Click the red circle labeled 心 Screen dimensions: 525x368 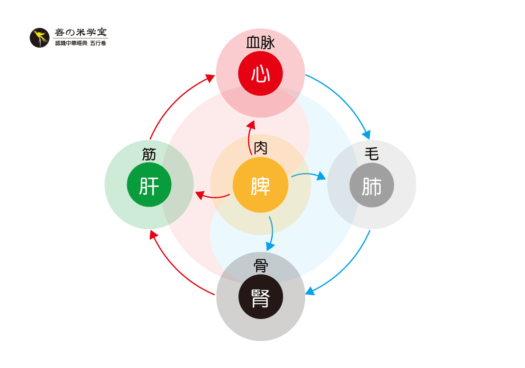[x=261, y=73]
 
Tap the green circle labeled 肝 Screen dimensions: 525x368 [x=149, y=184]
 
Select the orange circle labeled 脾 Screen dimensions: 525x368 [x=261, y=185]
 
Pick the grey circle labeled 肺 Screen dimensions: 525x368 [x=371, y=185]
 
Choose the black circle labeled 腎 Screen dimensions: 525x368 [x=261, y=297]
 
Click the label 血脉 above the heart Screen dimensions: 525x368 [x=261, y=43]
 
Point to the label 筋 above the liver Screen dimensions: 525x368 [x=149, y=154]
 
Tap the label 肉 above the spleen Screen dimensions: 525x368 [x=261, y=148]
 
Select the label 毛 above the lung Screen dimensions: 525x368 [x=371, y=154]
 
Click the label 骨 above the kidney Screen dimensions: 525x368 [x=261, y=266]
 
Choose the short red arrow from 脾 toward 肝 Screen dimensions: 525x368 [x=212, y=196]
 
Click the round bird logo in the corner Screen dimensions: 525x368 [x=40, y=38]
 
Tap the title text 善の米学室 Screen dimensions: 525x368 [x=80, y=32]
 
